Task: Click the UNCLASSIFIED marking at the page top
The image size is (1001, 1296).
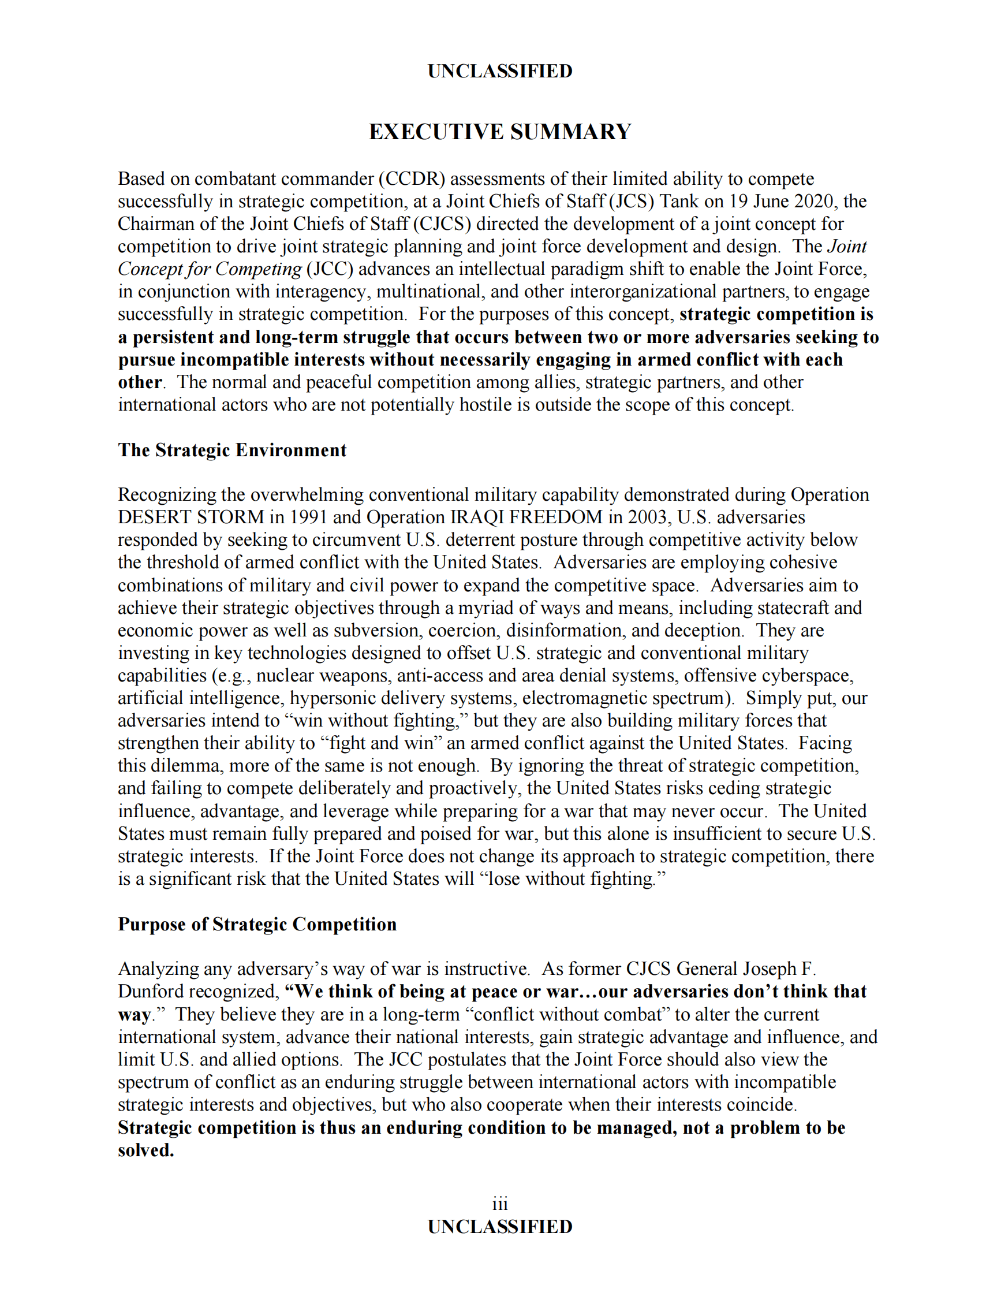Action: (x=500, y=71)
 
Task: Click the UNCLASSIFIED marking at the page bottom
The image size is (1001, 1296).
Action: (x=500, y=1227)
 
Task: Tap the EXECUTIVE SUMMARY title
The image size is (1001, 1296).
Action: (x=500, y=132)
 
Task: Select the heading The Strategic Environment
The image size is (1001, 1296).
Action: (x=232, y=450)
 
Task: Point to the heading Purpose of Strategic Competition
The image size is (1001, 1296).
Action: (x=257, y=924)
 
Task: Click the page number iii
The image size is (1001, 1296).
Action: (x=500, y=1204)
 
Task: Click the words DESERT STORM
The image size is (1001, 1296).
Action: (x=191, y=517)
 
